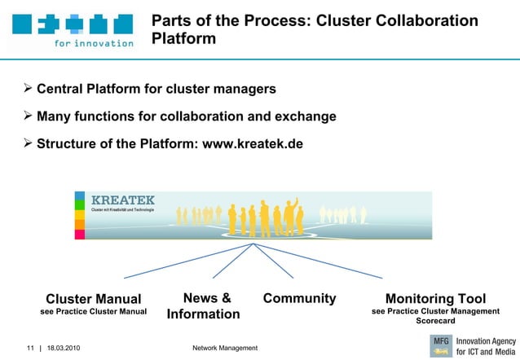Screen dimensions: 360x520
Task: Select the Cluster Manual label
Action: point(93,299)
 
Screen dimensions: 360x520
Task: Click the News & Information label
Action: point(203,306)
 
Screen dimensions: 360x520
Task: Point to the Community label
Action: point(299,298)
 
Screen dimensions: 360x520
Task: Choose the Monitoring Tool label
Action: point(435,299)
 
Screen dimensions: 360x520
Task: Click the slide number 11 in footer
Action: point(29,349)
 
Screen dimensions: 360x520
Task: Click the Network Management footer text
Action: point(224,349)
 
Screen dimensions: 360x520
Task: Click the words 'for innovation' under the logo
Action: point(94,43)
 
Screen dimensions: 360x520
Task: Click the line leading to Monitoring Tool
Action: point(318,261)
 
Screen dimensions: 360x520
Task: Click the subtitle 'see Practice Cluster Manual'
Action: point(93,312)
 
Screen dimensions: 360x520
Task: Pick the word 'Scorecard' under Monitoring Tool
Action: point(435,321)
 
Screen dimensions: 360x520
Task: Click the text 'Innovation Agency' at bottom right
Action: point(486,340)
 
